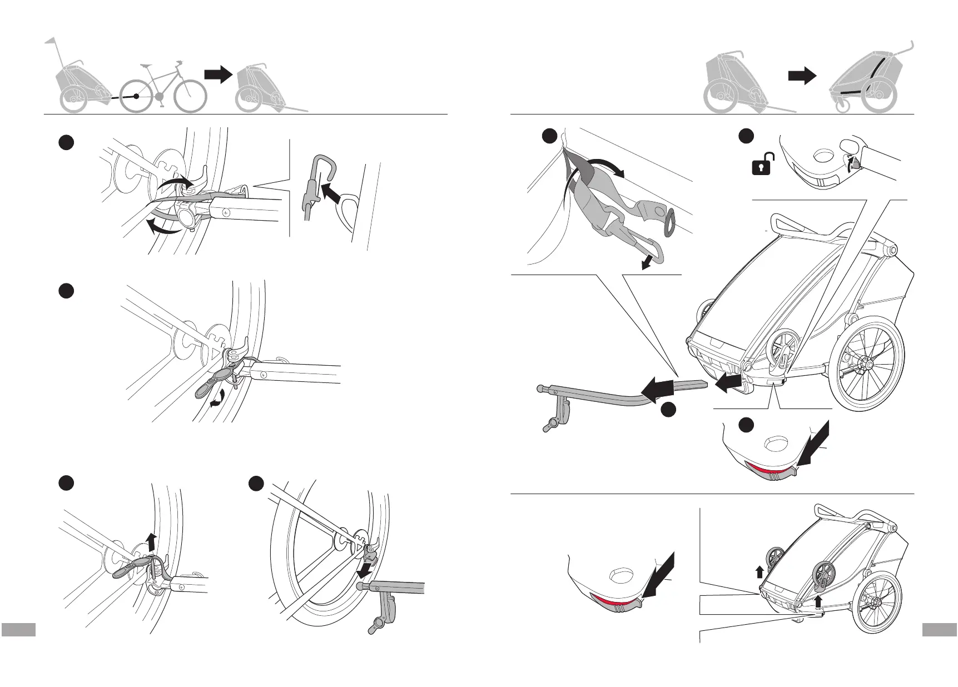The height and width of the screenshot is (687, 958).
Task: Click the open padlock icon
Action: [x=761, y=166]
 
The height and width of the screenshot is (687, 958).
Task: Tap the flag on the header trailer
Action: [x=51, y=42]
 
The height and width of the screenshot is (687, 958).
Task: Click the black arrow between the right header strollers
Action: [x=802, y=77]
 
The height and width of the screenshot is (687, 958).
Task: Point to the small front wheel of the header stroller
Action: [x=843, y=105]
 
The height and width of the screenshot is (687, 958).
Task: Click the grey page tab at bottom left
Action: [x=18, y=629]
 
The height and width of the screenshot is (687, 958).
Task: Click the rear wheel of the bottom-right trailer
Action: [x=877, y=602]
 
